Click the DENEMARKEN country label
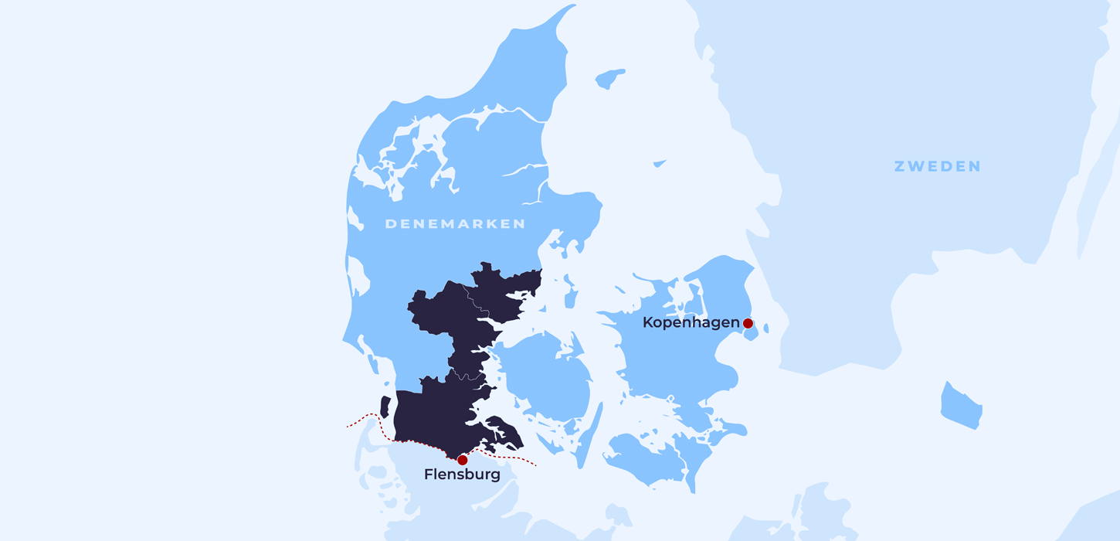455,224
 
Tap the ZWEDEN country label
937,166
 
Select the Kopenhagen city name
691,323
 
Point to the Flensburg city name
462,475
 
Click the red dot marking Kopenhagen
748,323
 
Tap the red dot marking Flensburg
462,460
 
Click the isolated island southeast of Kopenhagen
961,406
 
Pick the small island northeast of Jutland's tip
609,78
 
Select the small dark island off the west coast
385,407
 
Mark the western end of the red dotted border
348,427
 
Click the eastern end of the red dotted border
535,465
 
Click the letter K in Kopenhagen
648,323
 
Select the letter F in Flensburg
429,475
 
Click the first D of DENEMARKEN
390,224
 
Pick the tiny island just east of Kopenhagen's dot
765,328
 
